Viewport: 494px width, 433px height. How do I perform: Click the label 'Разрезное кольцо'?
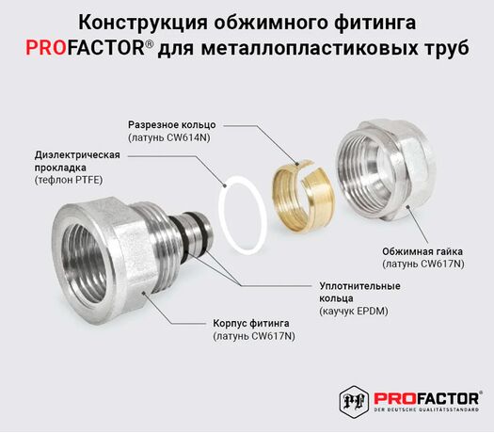pyautogui.click(x=172, y=125)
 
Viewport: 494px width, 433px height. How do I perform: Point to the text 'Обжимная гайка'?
pyautogui.click(x=422, y=251)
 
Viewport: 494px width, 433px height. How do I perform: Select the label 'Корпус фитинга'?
pyautogui.click(x=251, y=323)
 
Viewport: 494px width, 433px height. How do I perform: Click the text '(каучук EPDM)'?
pyautogui.click(x=354, y=311)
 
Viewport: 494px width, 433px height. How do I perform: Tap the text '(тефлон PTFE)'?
pyautogui.click(x=69, y=180)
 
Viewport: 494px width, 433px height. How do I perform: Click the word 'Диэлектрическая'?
pyautogui.click(x=77, y=154)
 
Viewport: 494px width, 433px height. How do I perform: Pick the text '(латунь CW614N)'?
pyautogui.click(x=168, y=137)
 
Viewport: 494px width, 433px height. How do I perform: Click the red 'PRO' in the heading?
pyautogui.click(x=46, y=48)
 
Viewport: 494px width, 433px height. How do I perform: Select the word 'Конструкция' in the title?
pyautogui.click(x=143, y=23)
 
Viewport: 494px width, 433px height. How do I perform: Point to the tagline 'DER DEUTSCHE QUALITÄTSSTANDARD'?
pyautogui.click(x=426, y=409)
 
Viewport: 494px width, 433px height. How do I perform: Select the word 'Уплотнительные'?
pyautogui.click(x=359, y=286)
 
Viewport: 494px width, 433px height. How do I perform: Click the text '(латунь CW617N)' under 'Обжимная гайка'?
pyautogui.click(x=423, y=264)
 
